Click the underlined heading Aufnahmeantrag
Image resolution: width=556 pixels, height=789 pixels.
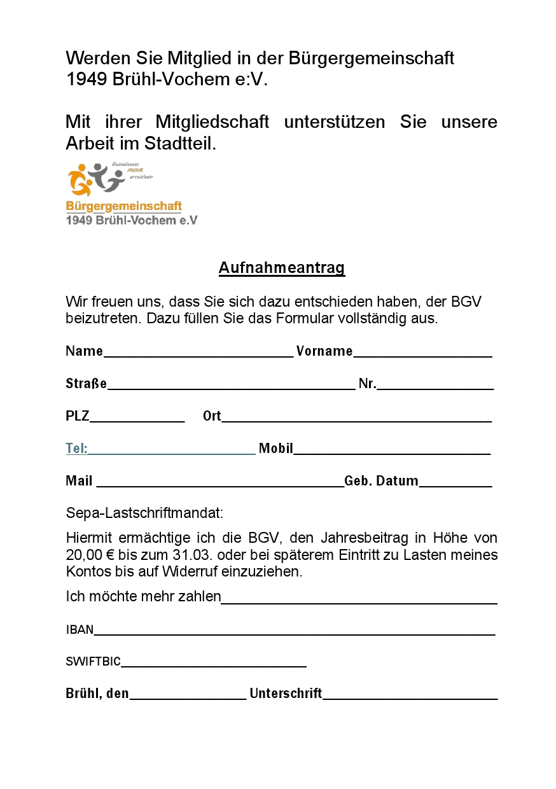(281, 268)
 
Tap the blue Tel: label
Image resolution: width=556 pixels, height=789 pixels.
(76, 449)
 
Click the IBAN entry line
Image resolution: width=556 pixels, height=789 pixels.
(294, 632)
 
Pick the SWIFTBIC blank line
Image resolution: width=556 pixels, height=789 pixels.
(214, 664)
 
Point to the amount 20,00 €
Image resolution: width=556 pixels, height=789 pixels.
(90, 554)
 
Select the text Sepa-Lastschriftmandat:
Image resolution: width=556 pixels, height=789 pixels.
(144, 512)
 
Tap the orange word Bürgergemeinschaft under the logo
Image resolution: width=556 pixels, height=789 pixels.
(124, 206)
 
